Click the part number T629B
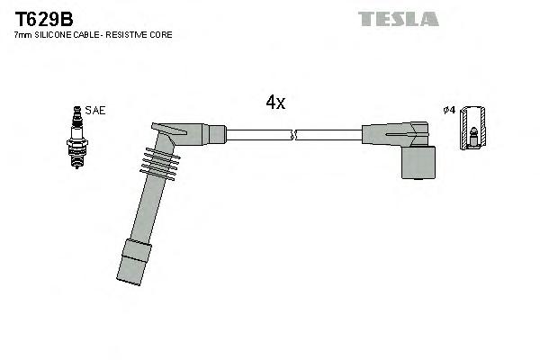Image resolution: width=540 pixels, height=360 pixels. (43, 18)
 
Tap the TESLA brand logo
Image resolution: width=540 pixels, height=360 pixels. (398, 19)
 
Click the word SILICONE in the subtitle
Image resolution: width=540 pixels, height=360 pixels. (60, 35)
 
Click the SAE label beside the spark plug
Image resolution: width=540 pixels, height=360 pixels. (96, 111)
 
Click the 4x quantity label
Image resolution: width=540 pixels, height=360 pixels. (275, 103)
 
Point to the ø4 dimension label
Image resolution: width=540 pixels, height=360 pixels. (448, 111)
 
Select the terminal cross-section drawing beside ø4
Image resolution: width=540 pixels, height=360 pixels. (472, 129)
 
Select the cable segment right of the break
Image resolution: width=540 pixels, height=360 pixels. (328, 135)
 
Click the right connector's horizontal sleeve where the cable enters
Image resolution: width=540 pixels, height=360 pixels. (378, 135)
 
